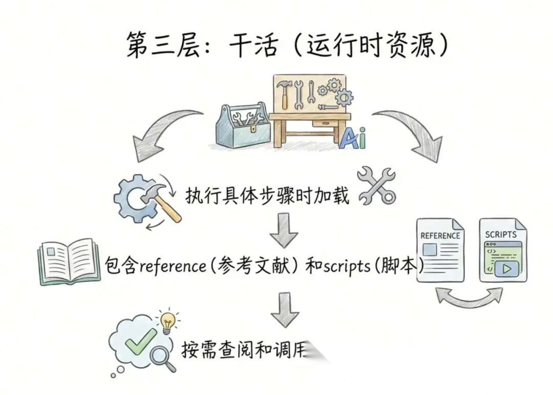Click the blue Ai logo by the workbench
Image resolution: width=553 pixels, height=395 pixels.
click(x=352, y=137)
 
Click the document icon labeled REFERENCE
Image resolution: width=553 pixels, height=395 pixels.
click(x=440, y=249)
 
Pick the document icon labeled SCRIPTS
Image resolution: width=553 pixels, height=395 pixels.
click(x=502, y=249)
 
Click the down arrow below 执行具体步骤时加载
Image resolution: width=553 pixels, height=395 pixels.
click(x=284, y=231)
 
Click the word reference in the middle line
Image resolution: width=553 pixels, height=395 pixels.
click(x=171, y=266)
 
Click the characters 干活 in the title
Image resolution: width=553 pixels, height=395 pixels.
click(x=253, y=47)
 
